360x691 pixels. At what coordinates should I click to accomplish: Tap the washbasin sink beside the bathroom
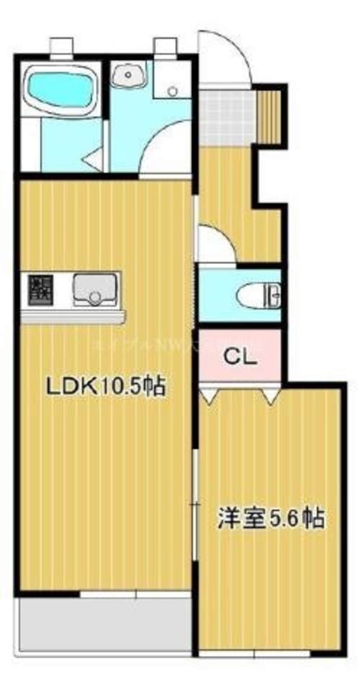click(x=128, y=75)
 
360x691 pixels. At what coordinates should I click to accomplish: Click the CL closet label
click(x=240, y=357)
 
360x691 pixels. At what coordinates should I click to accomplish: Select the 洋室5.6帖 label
click(x=271, y=518)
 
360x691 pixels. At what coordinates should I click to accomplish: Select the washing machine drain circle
click(x=172, y=91)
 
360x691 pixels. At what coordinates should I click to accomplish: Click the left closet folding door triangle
click(x=209, y=396)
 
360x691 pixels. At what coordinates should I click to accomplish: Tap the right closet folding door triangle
click(x=270, y=396)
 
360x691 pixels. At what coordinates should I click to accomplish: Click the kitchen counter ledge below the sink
click(x=73, y=316)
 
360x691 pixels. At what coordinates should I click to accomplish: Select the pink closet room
click(x=240, y=355)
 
